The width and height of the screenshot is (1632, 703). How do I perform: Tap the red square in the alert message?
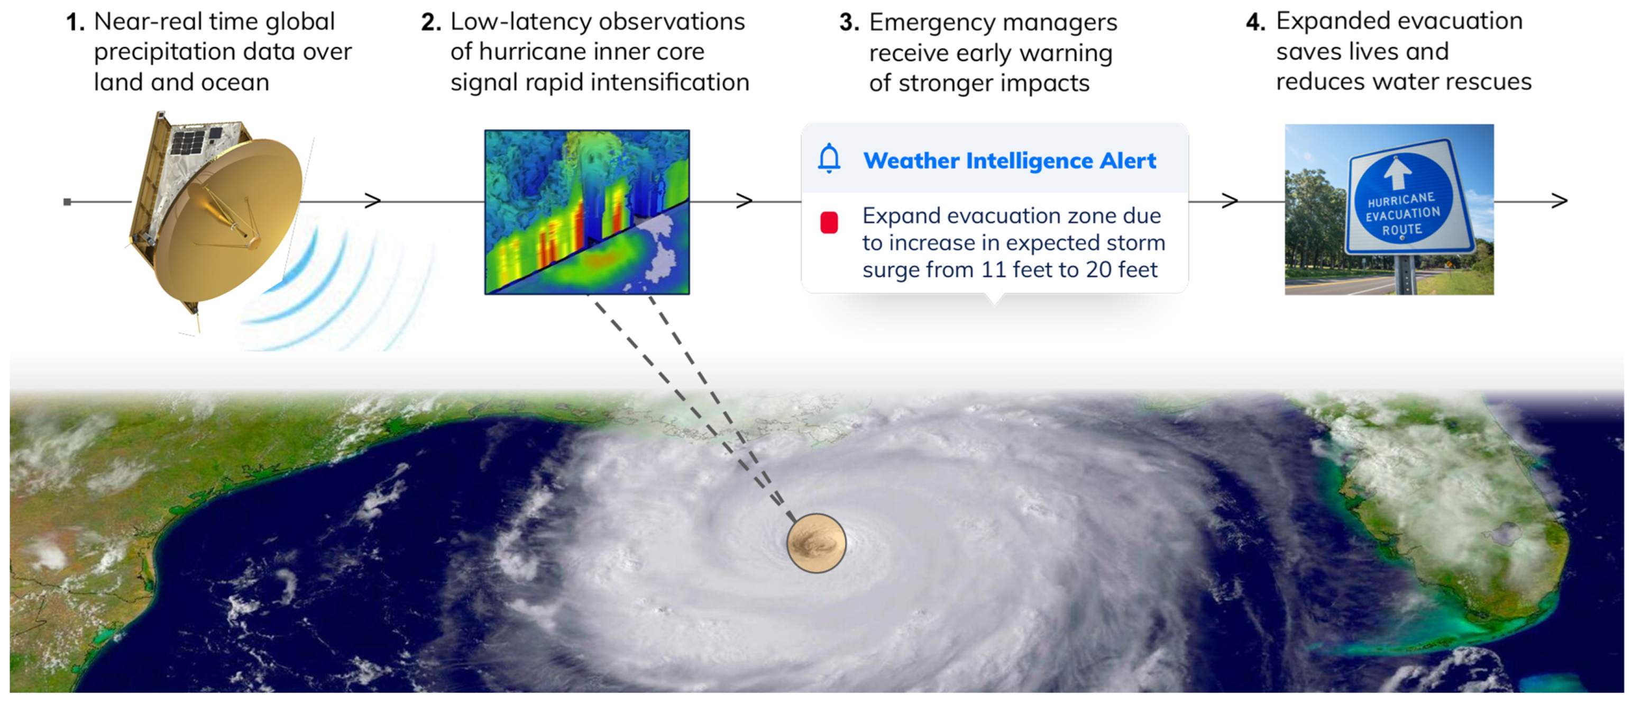[x=829, y=222]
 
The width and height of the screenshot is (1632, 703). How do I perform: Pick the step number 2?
[x=431, y=22]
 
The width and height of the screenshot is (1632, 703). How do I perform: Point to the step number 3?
[x=849, y=23]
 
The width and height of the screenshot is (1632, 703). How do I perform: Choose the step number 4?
[x=1255, y=22]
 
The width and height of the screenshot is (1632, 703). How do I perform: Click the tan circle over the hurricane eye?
[x=816, y=543]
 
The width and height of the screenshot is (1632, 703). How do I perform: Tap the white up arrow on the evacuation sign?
[x=1398, y=173]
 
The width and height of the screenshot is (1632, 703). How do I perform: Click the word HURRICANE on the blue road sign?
[x=1401, y=199]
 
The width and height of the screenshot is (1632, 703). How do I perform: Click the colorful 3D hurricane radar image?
[x=586, y=212]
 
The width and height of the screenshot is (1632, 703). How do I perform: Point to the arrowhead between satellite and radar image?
[x=373, y=201]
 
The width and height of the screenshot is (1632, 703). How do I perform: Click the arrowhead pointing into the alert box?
[x=745, y=201]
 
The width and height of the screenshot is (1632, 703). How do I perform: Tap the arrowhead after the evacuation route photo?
[x=1559, y=201]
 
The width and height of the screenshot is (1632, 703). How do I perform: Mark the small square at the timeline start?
[x=67, y=202]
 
